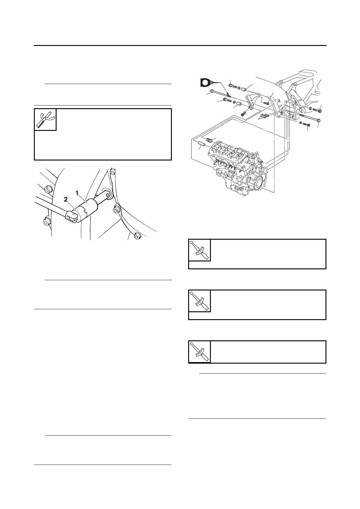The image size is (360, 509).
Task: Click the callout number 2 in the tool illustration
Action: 66,199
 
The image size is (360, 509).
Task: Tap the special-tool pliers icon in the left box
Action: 45,120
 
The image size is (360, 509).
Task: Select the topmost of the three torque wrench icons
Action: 200,250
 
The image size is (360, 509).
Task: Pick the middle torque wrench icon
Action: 200,301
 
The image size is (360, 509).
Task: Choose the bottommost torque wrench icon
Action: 200,352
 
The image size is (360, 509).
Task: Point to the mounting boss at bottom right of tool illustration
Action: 138,235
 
